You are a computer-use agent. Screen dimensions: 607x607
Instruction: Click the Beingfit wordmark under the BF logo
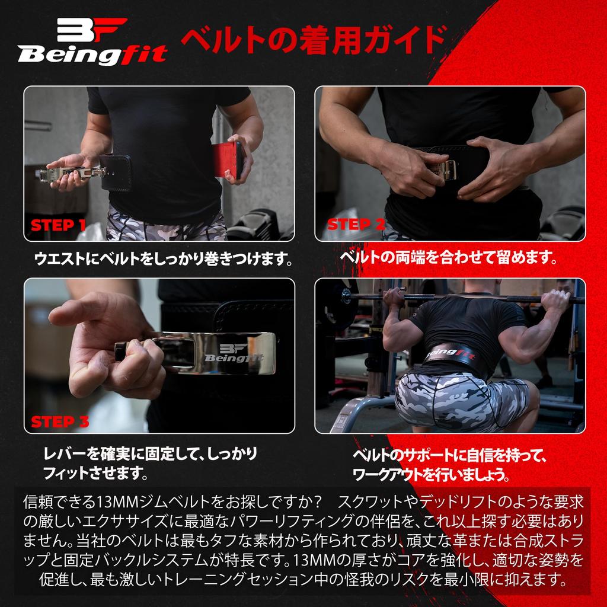pyautogui.click(x=92, y=55)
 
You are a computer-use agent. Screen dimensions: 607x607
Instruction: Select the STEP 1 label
pyautogui.click(x=58, y=225)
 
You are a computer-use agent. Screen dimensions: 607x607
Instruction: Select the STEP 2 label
pyautogui.click(x=356, y=225)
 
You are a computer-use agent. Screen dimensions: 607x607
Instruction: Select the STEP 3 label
pyautogui.click(x=60, y=421)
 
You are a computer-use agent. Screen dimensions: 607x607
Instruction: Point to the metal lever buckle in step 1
pyautogui.click(x=71, y=172)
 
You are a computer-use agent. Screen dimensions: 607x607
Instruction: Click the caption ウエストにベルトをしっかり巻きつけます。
pyautogui.click(x=164, y=259)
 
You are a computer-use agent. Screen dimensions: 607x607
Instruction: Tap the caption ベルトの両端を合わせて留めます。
pyautogui.click(x=449, y=258)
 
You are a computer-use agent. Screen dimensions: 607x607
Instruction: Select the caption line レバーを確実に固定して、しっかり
pyautogui.click(x=151, y=455)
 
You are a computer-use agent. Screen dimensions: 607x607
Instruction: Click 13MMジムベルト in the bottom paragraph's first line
pyautogui.click(x=140, y=502)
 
